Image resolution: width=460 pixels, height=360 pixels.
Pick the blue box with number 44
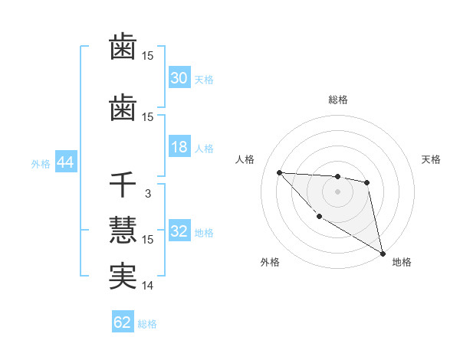(x=64, y=163)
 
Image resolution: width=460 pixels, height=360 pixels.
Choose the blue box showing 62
(x=123, y=322)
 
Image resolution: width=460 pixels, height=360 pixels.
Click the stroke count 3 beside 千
(x=147, y=194)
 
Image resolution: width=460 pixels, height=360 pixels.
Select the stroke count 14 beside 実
(x=148, y=286)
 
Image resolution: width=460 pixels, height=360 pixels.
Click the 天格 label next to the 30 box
(x=204, y=80)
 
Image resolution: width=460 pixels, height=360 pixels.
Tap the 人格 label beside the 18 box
(x=204, y=149)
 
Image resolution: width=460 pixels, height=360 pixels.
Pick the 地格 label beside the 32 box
(x=204, y=233)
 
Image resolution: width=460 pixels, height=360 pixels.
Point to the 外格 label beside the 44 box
(x=41, y=164)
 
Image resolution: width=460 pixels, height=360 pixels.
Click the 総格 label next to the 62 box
(x=147, y=324)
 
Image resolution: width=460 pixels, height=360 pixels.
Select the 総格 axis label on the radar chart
(x=338, y=100)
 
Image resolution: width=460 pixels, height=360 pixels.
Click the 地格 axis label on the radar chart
(x=402, y=262)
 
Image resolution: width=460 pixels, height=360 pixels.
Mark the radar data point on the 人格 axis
(x=279, y=172)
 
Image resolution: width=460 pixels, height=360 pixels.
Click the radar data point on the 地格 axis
(x=383, y=254)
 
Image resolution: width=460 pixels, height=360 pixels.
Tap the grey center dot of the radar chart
(x=337, y=191)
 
